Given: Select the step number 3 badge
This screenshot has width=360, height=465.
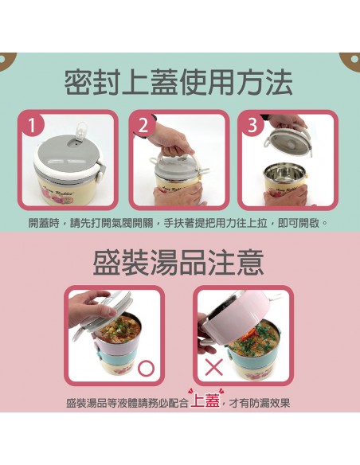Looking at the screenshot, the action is coord(252,124).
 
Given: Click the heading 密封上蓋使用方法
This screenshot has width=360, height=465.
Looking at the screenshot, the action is coord(178,83).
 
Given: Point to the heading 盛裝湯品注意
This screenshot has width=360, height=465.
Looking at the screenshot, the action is coord(178,262).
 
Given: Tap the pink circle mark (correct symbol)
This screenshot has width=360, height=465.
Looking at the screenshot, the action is coord(147,369).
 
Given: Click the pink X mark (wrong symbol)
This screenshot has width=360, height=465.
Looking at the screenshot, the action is coord(214,367).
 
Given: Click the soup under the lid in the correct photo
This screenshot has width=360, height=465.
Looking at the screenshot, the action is coord(121,329).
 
